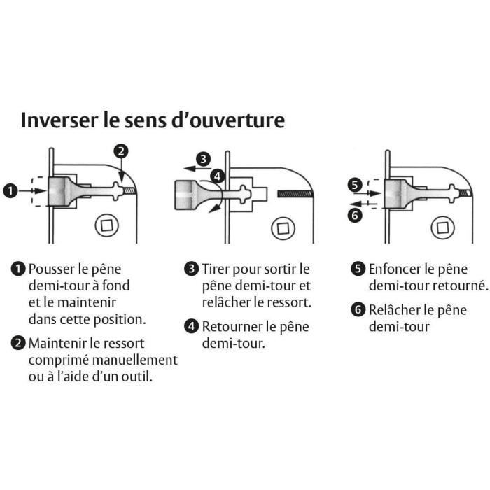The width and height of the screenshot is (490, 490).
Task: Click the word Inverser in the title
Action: (x=58, y=120)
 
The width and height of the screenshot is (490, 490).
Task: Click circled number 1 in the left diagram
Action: (x=11, y=190)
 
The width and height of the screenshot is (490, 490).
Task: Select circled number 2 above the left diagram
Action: (x=121, y=151)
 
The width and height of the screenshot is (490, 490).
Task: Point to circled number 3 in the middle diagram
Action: (x=203, y=159)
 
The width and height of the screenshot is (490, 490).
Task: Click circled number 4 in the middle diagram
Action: (x=218, y=176)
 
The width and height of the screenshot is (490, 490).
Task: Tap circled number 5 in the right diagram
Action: (x=355, y=185)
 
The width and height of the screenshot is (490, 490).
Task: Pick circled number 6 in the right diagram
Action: (x=355, y=215)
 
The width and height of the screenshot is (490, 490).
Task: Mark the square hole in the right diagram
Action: (x=442, y=226)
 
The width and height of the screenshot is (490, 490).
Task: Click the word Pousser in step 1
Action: (x=52, y=269)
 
